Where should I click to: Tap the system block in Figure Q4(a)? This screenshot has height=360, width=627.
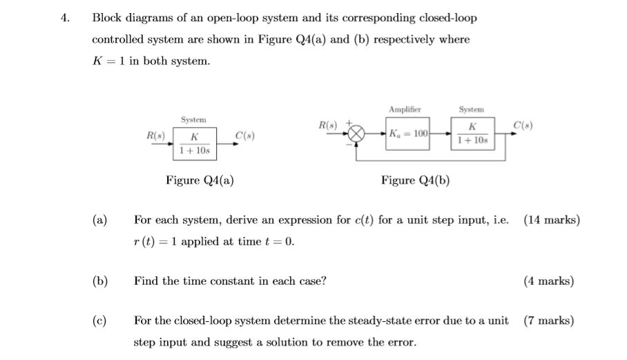pyautogui.click(x=194, y=144)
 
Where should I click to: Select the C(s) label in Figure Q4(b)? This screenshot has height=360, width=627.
pyautogui.click(x=522, y=124)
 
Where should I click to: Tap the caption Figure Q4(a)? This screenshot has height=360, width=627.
pyautogui.click(x=200, y=180)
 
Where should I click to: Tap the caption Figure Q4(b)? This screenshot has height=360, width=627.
pyautogui.click(x=415, y=180)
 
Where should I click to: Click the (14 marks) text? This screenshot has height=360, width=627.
pyautogui.click(x=552, y=220)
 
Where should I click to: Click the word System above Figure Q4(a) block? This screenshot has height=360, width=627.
pyautogui.click(x=193, y=120)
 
